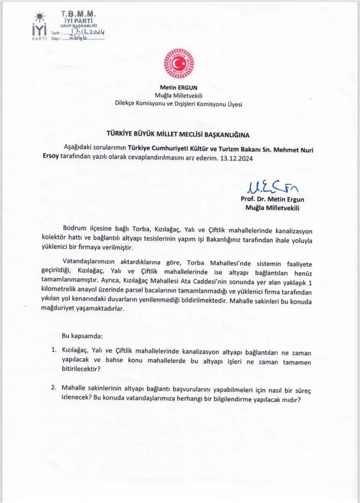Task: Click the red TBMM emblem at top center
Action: (x=179, y=64)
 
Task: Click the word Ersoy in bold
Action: (x=47, y=158)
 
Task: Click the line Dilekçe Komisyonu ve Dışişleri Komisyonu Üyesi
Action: (x=179, y=104)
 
